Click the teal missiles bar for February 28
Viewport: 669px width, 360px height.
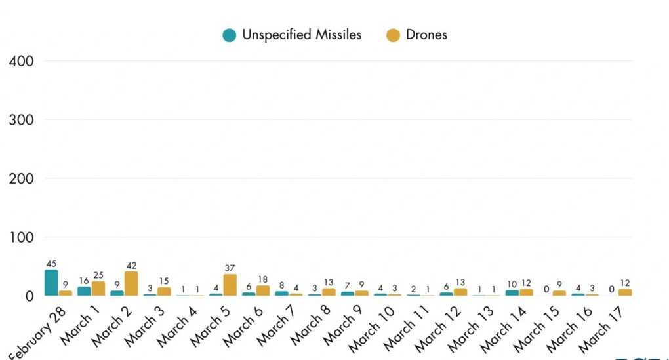(51, 283)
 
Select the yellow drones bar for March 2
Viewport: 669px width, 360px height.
(131, 283)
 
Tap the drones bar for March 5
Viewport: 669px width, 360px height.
(230, 285)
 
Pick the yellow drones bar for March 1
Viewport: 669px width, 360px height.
(98, 289)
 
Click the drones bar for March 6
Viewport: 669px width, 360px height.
(262, 290)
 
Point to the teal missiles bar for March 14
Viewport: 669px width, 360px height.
(512, 293)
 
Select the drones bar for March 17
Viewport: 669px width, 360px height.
(625, 292)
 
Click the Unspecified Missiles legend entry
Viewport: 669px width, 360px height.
(293, 35)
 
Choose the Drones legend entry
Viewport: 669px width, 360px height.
(417, 35)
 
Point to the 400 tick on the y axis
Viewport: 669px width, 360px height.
(21, 61)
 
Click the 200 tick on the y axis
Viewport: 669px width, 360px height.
(21, 178)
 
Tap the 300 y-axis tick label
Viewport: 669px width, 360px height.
(21, 119)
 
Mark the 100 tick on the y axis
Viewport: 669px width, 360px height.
(21, 237)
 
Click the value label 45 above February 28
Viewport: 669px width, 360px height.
(51, 264)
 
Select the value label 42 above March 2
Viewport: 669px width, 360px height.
(131, 266)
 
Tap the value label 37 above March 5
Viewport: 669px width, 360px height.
(230, 268)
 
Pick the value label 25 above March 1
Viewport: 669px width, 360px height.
(98, 275)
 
